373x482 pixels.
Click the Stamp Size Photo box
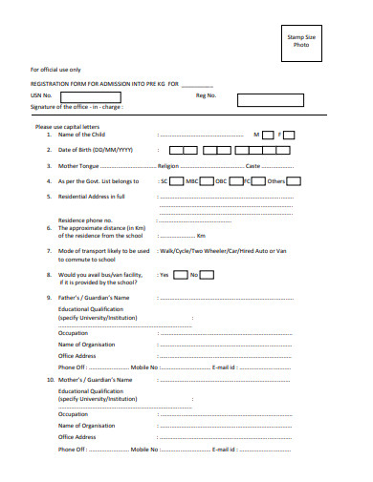(x=301, y=42)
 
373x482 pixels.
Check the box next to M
(x=269, y=136)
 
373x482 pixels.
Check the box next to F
(x=290, y=136)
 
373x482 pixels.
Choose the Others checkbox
(x=294, y=180)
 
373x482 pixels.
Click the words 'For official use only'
(x=55, y=70)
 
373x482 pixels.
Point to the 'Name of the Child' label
(x=82, y=136)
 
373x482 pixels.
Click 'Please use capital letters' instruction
(x=67, y=126)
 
